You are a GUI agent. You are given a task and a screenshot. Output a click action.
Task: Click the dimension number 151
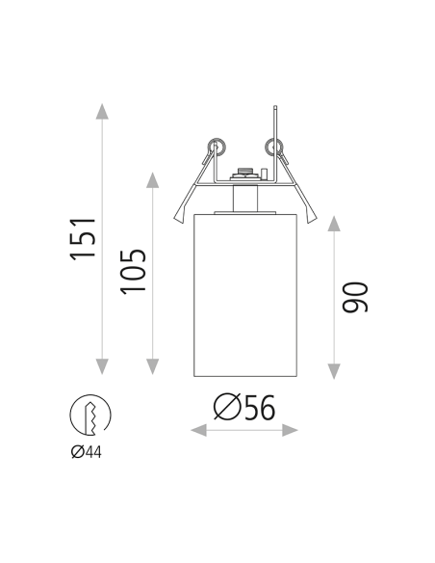pyautogui.click(x=86, y=237)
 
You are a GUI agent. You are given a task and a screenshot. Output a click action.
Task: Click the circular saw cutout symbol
pyautogui.click(x=89, y=416)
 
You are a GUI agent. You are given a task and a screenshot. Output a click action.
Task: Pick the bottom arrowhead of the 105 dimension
pyautogui.click(x=152, y=367)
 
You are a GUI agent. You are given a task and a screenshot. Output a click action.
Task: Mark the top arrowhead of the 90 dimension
pyautogui.click(x=333, y=224)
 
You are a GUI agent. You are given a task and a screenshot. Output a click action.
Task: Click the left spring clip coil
pyautogui.click(x=215, y=147)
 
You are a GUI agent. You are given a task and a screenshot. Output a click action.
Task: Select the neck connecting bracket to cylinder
pyautogui.click(x=244, y=200)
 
